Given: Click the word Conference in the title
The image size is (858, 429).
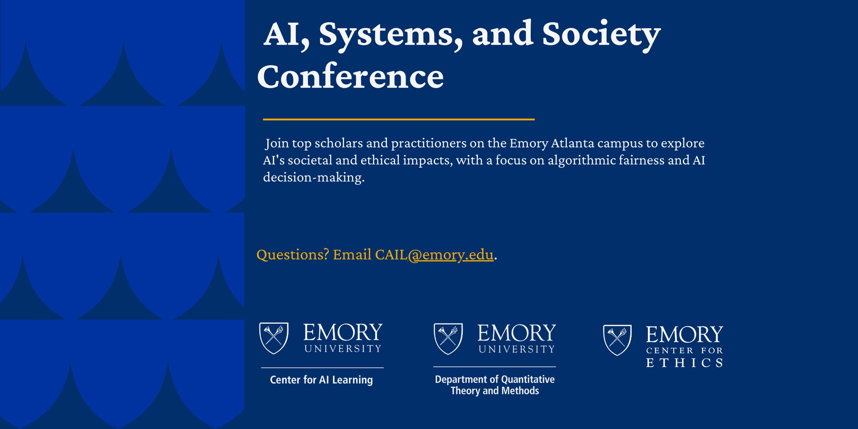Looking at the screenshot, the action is click(x=350, y=76).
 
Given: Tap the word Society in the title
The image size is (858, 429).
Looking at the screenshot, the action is click(x=601, y=36).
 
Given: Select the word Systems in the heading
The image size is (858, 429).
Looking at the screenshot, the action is click(x=391, y=36).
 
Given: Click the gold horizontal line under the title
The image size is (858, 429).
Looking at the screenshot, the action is click(x=399, y=119).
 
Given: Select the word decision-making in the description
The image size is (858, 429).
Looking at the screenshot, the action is click(x=314, y=178).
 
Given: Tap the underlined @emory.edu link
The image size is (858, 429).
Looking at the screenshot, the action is click(x=450, y=255).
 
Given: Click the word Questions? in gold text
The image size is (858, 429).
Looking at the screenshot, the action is click(x=293, y=255).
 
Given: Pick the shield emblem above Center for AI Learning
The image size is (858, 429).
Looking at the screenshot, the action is click(x=274, y=338).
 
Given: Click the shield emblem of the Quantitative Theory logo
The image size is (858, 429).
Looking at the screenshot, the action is click(x=448, y=339).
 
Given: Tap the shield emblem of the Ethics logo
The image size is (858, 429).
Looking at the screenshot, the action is click(x=617, y=340).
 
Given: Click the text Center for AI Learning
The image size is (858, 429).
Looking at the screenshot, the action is click(x=321, y=380).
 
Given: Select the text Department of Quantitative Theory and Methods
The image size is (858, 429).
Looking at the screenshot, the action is click(x=495, y=385).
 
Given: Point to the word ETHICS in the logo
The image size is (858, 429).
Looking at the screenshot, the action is click(x=685, y=363).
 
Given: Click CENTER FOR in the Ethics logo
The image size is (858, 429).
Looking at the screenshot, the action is click(x=685, y=350).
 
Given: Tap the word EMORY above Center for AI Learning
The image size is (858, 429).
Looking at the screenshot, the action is click(x=343, y=332).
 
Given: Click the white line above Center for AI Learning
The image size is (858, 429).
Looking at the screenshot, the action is click(x=322, y=368).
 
